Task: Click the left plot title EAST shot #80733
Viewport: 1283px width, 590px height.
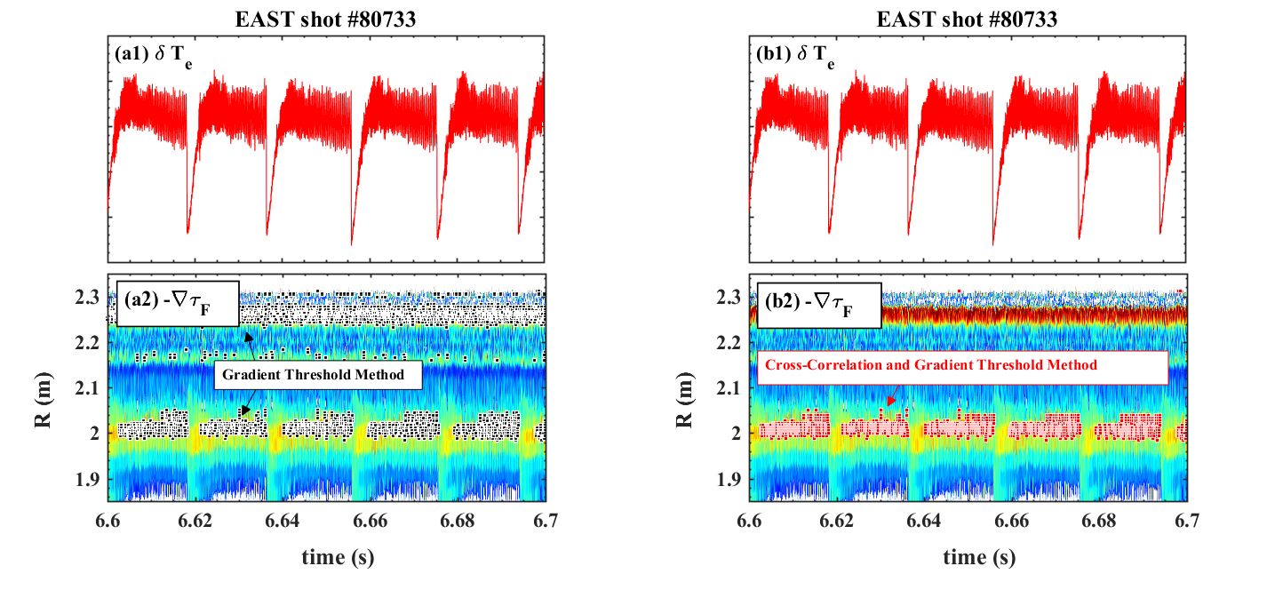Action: coord(328,19)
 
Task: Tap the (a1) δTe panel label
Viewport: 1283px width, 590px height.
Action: coord(152,55)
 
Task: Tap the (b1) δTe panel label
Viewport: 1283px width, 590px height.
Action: coord(794,55)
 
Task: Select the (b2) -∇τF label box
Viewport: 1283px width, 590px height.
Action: coord(817,305)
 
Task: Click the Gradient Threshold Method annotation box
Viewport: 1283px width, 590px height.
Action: coord(317,375)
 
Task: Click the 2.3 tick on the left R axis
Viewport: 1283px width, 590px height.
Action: coord(85,297)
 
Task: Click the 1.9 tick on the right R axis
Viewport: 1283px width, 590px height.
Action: coord(727,479)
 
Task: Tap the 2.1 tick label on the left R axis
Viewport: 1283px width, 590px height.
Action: coord(85,388)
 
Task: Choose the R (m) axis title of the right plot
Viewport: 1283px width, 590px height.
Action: coord(685,388)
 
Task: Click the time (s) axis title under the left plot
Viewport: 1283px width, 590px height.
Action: coord(328,557)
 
